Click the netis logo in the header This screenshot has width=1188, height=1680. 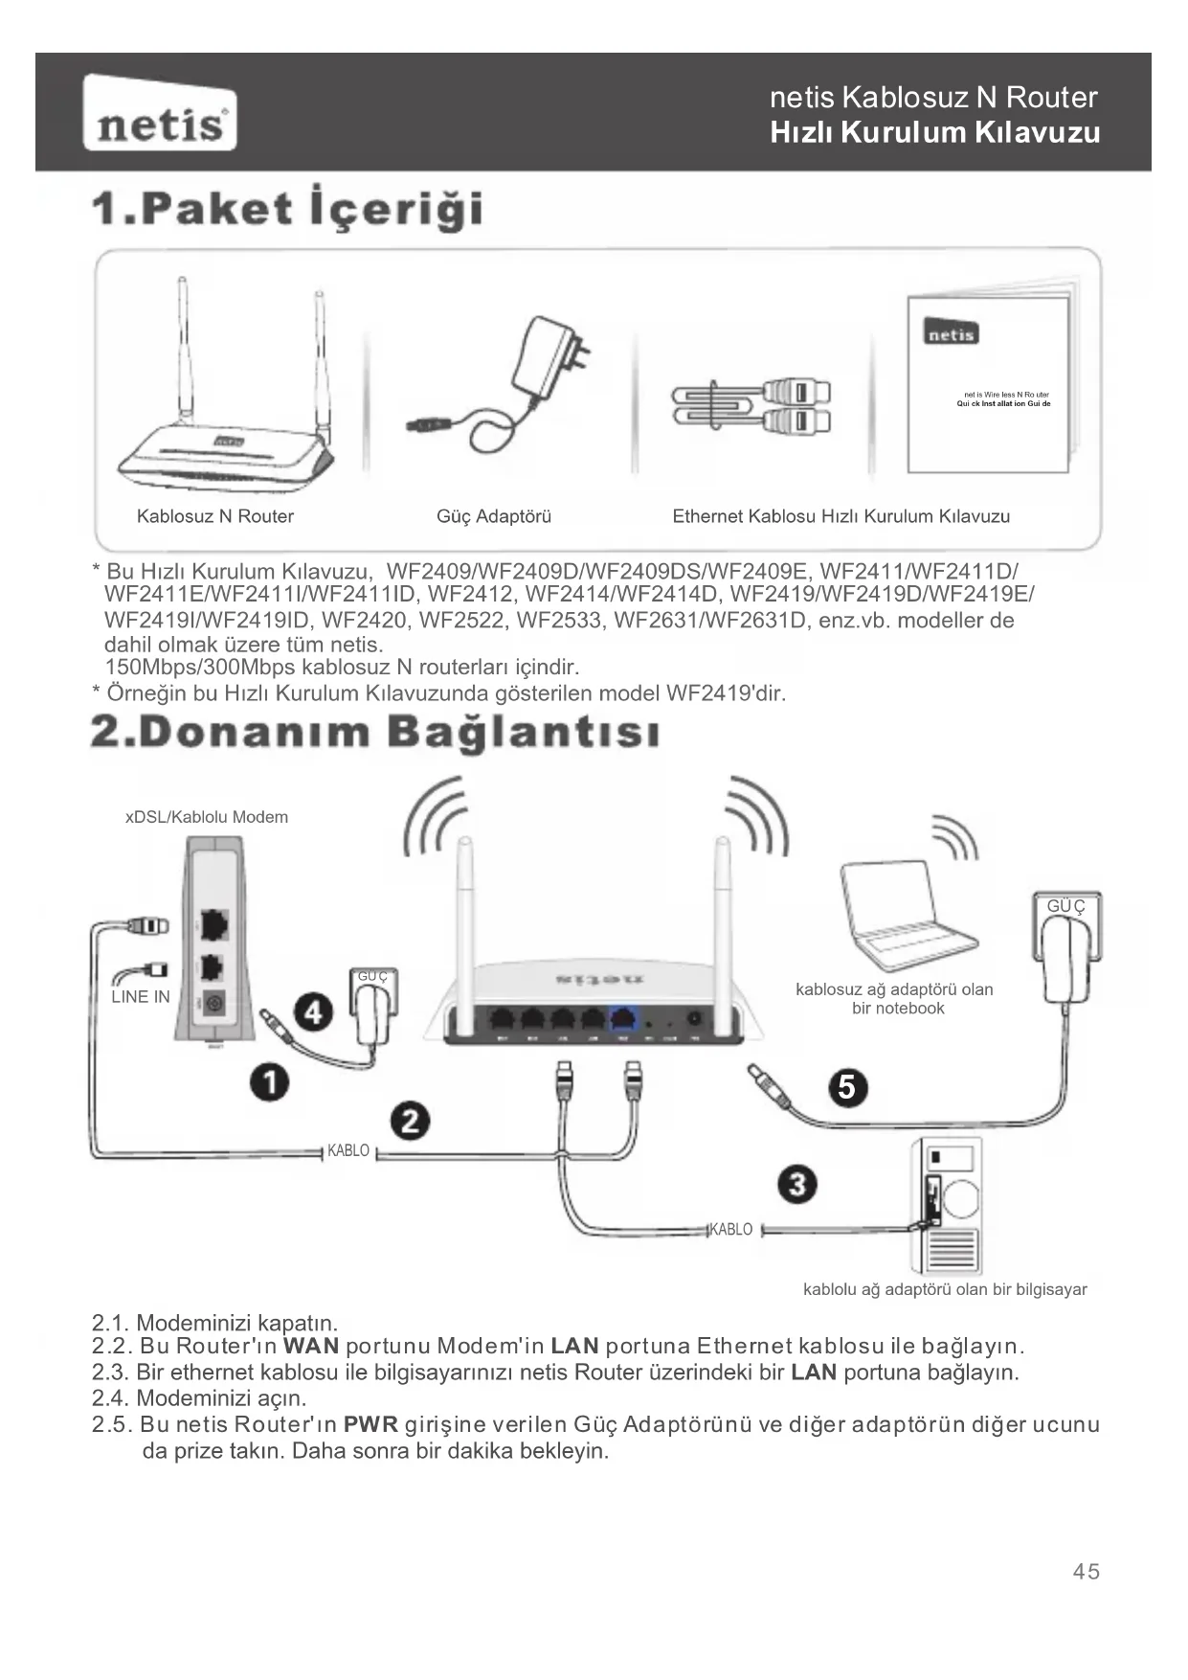(x=160, y=114)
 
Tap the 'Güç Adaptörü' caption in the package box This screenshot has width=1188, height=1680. (x=494, y=516)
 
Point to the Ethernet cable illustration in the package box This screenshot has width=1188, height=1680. (x=751, y=406)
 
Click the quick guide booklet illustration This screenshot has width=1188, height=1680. (x=990, y=383)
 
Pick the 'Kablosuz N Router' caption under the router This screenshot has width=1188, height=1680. (x=215, y=516)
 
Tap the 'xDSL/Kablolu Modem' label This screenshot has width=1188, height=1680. (x=207, y=817)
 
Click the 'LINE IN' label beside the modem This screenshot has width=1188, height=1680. (x=141, y=996)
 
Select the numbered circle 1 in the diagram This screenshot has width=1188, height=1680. (x=271, y=1082)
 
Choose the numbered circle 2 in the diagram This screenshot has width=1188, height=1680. (x=410, y=1121)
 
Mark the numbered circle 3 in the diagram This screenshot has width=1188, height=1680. (x=797, y=1184)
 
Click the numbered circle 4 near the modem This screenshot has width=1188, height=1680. (x=313, y=1012)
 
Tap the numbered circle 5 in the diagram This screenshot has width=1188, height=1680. (x=847, y=1087)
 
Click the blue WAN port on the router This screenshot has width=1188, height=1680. (x=624, y=1020)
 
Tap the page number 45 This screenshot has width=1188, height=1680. (x=1087, y=1572)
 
